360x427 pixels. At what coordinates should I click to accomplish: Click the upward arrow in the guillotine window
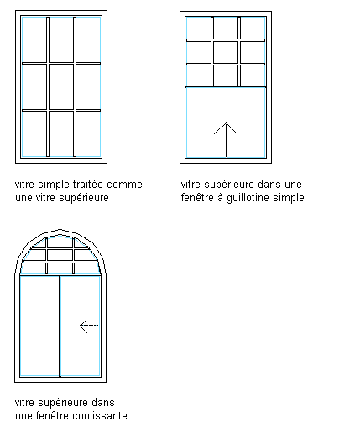coord(226,140)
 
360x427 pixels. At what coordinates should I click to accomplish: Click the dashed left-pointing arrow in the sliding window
coord(89,326)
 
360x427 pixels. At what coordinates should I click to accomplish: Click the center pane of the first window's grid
coord(61,86)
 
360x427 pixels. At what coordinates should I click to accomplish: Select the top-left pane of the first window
coord(34,40)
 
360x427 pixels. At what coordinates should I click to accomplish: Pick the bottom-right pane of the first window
coord(88,133)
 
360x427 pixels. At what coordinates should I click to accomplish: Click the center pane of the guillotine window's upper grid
coord(226,52)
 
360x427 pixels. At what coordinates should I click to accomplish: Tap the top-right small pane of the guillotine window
coord(253,28)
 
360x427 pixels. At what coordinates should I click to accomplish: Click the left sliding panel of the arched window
coord(39,326)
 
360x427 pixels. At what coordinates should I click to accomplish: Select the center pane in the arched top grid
coord(60,255)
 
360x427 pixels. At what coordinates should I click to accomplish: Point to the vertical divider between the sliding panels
coord(60,326)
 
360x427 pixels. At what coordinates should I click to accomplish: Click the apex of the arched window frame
coord(60,230)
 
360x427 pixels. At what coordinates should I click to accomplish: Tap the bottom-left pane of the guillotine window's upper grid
coord(199,76)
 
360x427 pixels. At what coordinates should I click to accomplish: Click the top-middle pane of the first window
coord(61,40)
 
